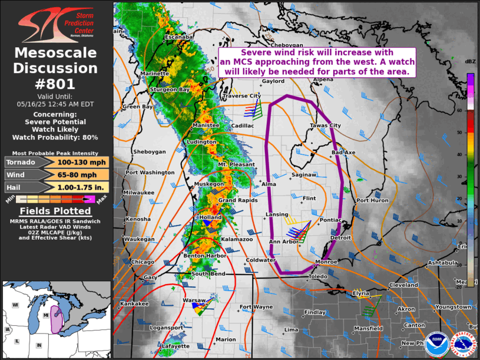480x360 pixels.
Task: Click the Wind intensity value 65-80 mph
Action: click(83, 174)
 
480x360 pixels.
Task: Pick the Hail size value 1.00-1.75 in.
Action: click(83, 187)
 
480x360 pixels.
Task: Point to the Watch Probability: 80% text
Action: click(55, 137)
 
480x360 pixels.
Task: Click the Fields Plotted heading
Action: click(55, 211)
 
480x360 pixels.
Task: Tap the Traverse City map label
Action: click(241, 95)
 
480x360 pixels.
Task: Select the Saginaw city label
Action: click(304, 175)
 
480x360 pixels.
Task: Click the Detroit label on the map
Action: click(340, 237)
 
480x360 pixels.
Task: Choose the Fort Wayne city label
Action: click(256, 307)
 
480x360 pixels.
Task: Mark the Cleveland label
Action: click(403, 285)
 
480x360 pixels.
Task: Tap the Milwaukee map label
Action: click(139, 193)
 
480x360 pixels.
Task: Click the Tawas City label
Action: click(326, 125)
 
